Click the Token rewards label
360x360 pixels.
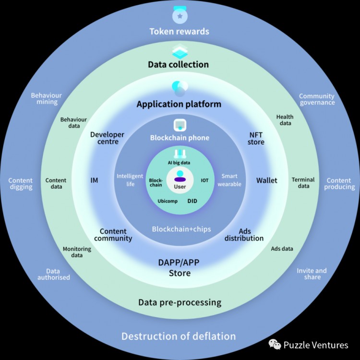(180, 32)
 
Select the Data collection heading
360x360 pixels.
(178, 64)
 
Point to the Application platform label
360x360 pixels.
(179, 104)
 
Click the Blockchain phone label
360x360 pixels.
(180, 138)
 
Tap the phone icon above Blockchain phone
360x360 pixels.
(180, 124)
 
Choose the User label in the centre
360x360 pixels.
(180, 186)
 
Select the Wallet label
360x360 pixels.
(267, 180)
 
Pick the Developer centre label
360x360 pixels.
(107, 138)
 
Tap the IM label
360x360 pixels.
(94, 180)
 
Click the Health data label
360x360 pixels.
(285, 120)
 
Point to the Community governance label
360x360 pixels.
(317, 99)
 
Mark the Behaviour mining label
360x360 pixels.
(47, 99)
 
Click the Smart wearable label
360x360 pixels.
(229, 180)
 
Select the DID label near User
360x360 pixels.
(192, 201)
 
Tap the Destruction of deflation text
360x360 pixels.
(179, 336)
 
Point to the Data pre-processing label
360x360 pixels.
(180, 302)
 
